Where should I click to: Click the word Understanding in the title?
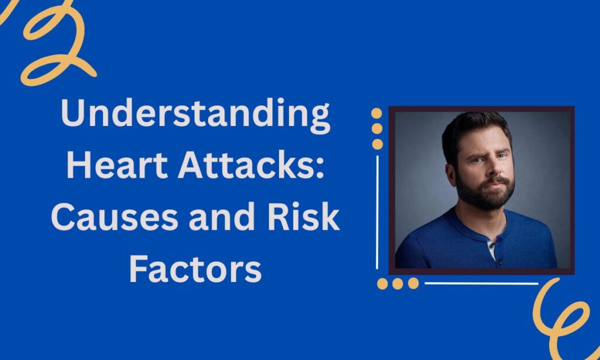click(x=195, y=114)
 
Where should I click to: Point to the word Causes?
click(x=115, y=216)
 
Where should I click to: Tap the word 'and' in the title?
click(x=222, y=216)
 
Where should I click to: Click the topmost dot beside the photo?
click(x=377, y=113)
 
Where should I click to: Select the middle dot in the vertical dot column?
click(x=377, y=128)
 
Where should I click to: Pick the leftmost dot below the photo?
click(x=382, y=284)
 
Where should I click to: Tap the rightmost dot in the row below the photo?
click(x=413, y=283)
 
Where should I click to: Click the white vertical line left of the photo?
click(x=377, y=212)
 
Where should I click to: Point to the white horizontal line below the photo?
click(x=482, y=283)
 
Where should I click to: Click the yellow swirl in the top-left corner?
click(x=57, y=46)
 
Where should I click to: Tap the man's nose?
click(x=493, y=168)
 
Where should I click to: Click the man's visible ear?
click(x=451, y=174)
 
